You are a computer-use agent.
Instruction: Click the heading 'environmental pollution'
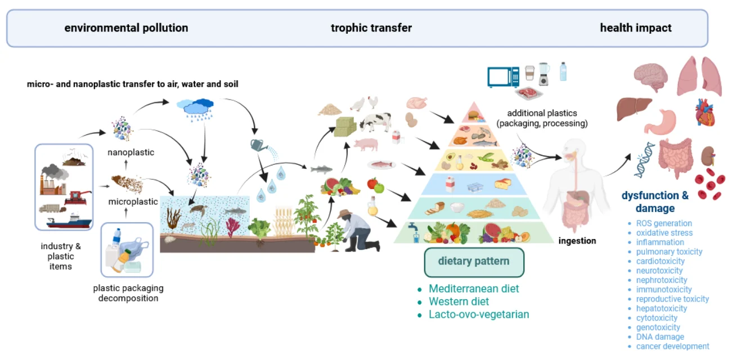(126, 28)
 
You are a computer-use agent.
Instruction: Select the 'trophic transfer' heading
(371, 28)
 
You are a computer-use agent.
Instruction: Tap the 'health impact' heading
(635, 28)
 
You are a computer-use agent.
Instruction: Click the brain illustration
(651, 76)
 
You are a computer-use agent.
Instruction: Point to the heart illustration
(704, 112)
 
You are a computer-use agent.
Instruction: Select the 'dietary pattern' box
(474, 262)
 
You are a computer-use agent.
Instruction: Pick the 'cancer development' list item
(672, 346)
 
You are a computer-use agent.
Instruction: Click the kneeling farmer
(356, 230)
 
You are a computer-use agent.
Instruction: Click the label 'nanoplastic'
(131, 152)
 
